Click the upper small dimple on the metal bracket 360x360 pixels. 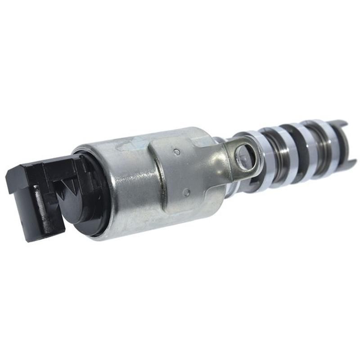[177, 152]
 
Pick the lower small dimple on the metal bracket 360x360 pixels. [186, 192]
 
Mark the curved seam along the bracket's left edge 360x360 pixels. [155, 180]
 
